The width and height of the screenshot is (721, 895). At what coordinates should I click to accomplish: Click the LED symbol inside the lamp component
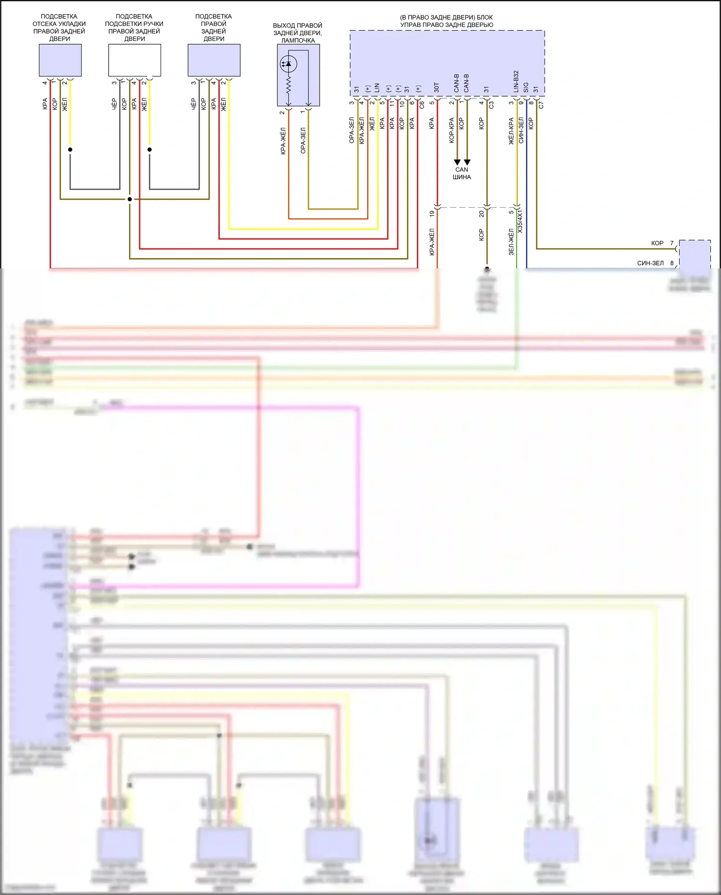288,63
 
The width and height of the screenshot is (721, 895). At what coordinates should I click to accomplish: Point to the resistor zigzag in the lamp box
288,87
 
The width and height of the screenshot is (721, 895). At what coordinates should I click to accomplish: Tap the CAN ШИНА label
461,173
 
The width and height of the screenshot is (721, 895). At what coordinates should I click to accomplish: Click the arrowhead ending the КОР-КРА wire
457,162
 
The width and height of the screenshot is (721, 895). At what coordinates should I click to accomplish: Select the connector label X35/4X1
520,222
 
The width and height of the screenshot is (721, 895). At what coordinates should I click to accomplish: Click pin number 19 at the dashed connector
432,213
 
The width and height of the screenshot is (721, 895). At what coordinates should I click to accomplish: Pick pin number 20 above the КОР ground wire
481,213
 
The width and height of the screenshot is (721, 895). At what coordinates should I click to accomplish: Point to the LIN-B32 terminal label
516,82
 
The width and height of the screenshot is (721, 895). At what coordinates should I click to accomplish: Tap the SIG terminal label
526,88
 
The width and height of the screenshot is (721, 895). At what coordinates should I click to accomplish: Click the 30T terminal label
436,87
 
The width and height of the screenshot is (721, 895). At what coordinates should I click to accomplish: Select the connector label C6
422,104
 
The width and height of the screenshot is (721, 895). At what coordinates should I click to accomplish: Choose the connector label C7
541,104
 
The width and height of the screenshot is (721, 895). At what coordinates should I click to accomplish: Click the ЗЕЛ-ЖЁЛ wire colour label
511,241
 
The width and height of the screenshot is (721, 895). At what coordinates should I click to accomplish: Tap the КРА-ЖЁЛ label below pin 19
432,241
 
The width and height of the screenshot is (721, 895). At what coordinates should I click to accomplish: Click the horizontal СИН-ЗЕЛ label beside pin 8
650,264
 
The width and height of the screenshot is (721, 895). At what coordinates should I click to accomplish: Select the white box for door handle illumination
135,60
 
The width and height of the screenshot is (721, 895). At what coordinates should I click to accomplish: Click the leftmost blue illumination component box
60,60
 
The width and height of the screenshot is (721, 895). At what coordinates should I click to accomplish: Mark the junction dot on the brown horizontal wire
130,199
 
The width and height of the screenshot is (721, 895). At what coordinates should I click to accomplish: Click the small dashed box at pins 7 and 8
695,255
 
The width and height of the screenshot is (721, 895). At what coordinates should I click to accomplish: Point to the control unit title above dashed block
447,21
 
